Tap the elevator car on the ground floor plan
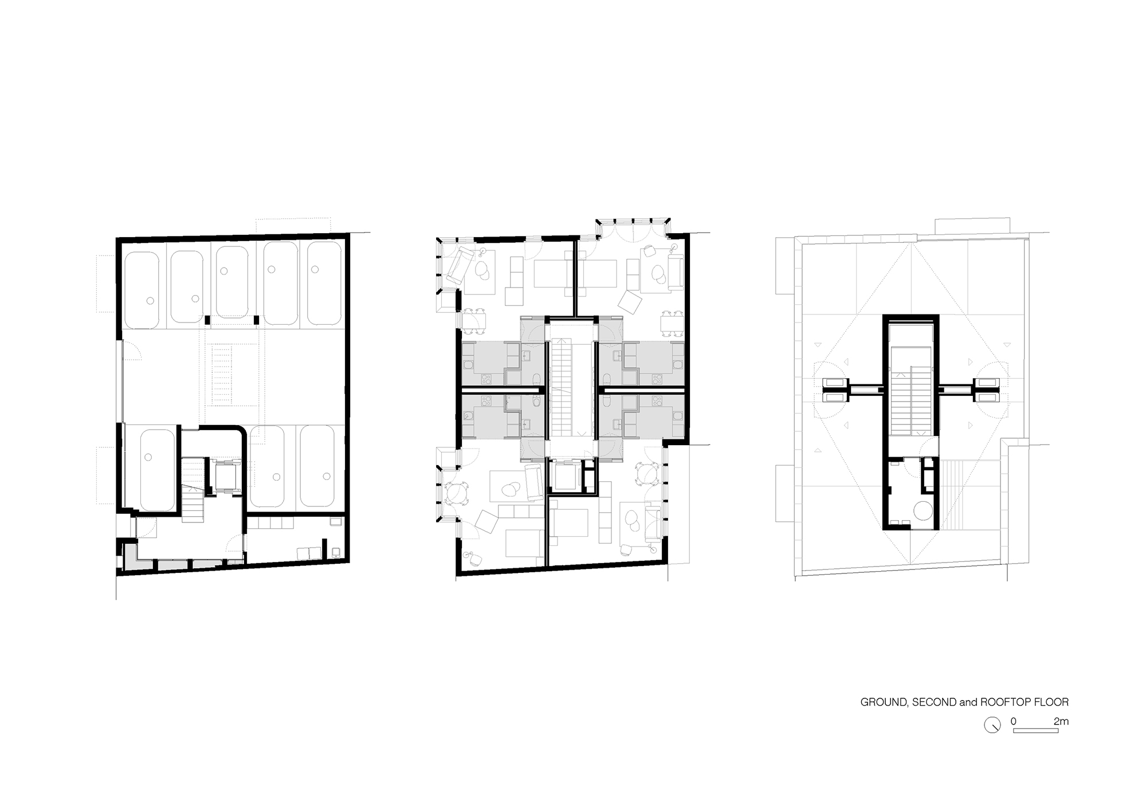[x=221, y=475]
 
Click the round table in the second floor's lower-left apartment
[x=457, y=493]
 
